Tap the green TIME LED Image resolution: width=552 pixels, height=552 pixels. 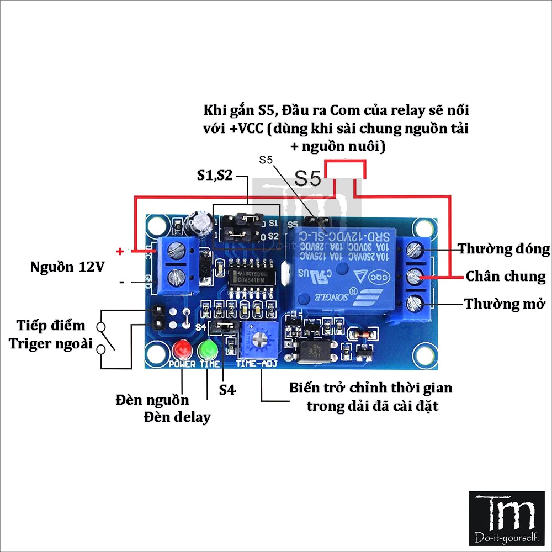[x=209, y=349]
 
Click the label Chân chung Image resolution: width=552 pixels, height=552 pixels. [x=506, y=276]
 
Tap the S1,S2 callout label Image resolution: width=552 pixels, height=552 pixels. [x=215, y=176]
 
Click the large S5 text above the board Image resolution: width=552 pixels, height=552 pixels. [x=307, y=178]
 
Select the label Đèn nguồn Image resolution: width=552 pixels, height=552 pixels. [x=152, y=400]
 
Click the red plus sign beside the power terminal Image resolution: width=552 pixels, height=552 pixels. [x=120, y=251]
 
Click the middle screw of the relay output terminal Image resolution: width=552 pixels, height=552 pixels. [x=415, y=276]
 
